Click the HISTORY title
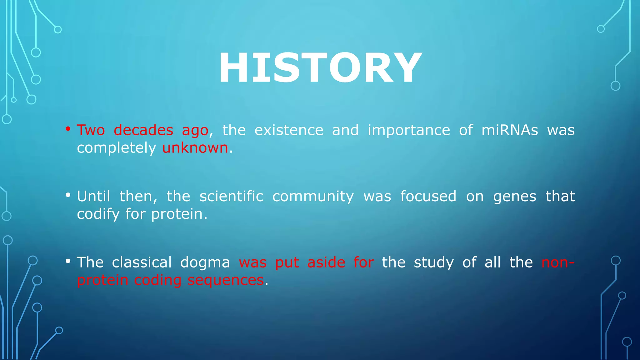point(320,68)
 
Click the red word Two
point(91,130)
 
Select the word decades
point(143,130)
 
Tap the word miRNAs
point(510,130)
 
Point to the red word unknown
point(195,148)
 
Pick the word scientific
point(231,196)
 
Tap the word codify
point(98,214)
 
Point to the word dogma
point(205,263)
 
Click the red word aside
point(326,262)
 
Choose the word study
point(433,263)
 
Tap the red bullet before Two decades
point(68,129)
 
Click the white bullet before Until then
point(68,195)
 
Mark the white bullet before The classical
point(68,261)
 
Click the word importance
point(409,131)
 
